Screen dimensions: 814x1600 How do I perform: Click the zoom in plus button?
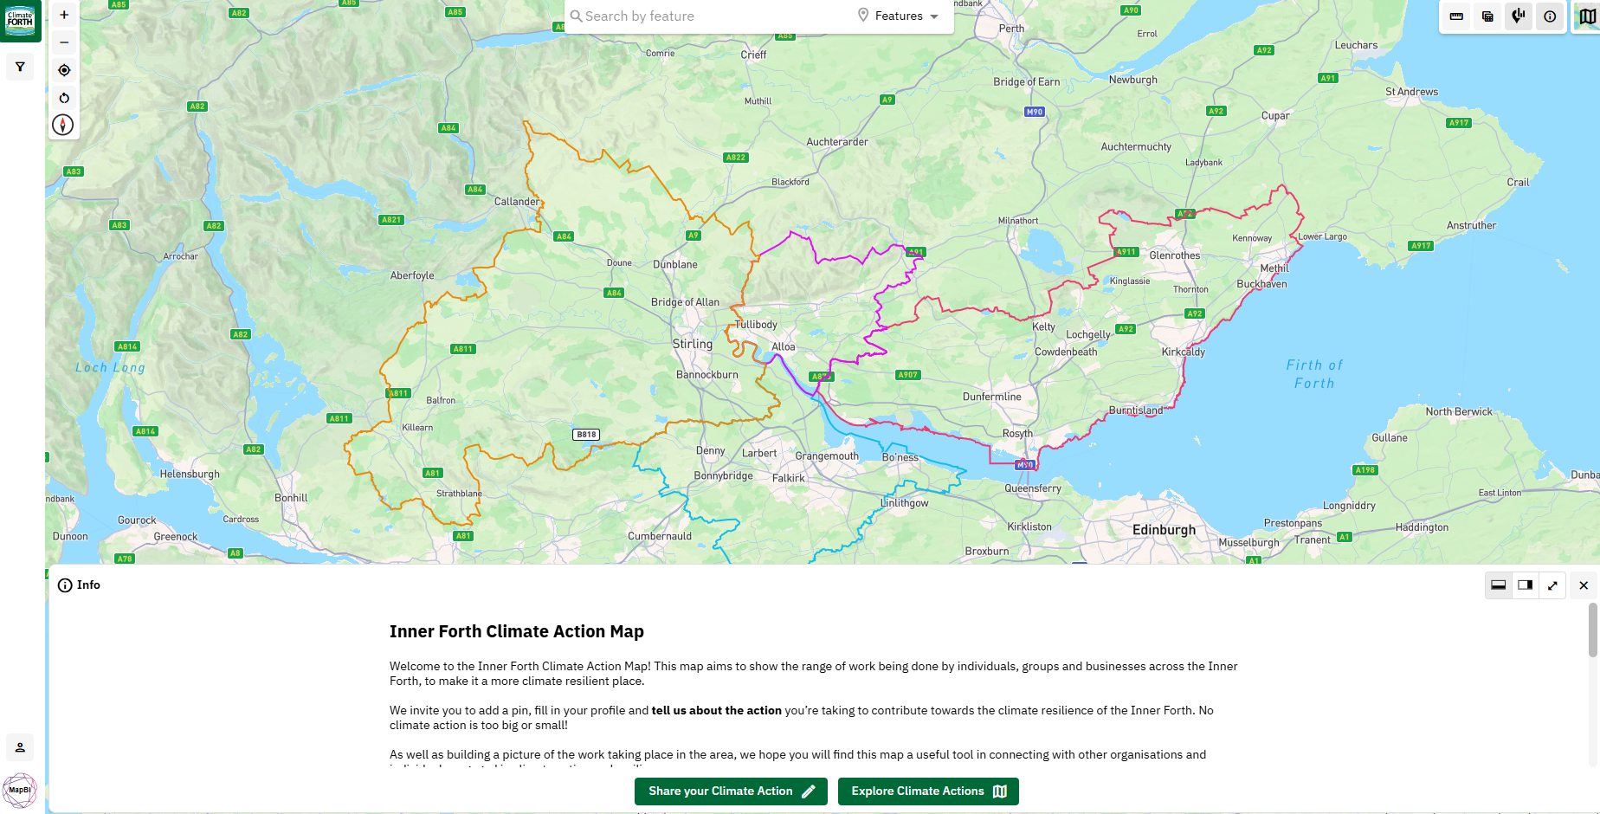(64, 15)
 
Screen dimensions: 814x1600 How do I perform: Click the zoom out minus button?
(64, 42)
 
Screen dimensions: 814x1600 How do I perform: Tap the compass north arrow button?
(63, 125)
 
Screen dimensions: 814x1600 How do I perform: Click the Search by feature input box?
(710, 16)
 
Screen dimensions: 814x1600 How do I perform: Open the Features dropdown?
(899, 16)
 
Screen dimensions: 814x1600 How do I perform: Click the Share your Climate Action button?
(731, 791)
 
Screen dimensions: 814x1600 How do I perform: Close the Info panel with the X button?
(1583, 585)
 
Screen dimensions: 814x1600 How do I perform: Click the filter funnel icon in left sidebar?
(20, 67)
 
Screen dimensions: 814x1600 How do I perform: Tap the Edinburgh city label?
(1164, 530)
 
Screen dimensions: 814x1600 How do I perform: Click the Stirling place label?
(693, 344)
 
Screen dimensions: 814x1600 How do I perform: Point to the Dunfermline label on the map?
(991, 397)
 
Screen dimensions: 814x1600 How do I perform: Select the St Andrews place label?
(1411, 92)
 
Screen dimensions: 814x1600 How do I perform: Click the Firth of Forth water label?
(1314, 374)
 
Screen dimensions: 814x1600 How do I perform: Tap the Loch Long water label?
(110, 367)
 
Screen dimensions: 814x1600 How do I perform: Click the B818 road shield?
(586, 435)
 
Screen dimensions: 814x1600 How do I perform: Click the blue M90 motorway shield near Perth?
(1034, 112)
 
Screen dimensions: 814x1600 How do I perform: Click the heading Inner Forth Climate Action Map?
(516, 631)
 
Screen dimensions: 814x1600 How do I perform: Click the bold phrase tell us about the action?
(716, 710)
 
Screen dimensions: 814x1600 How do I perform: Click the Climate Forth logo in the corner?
(20, 20)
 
